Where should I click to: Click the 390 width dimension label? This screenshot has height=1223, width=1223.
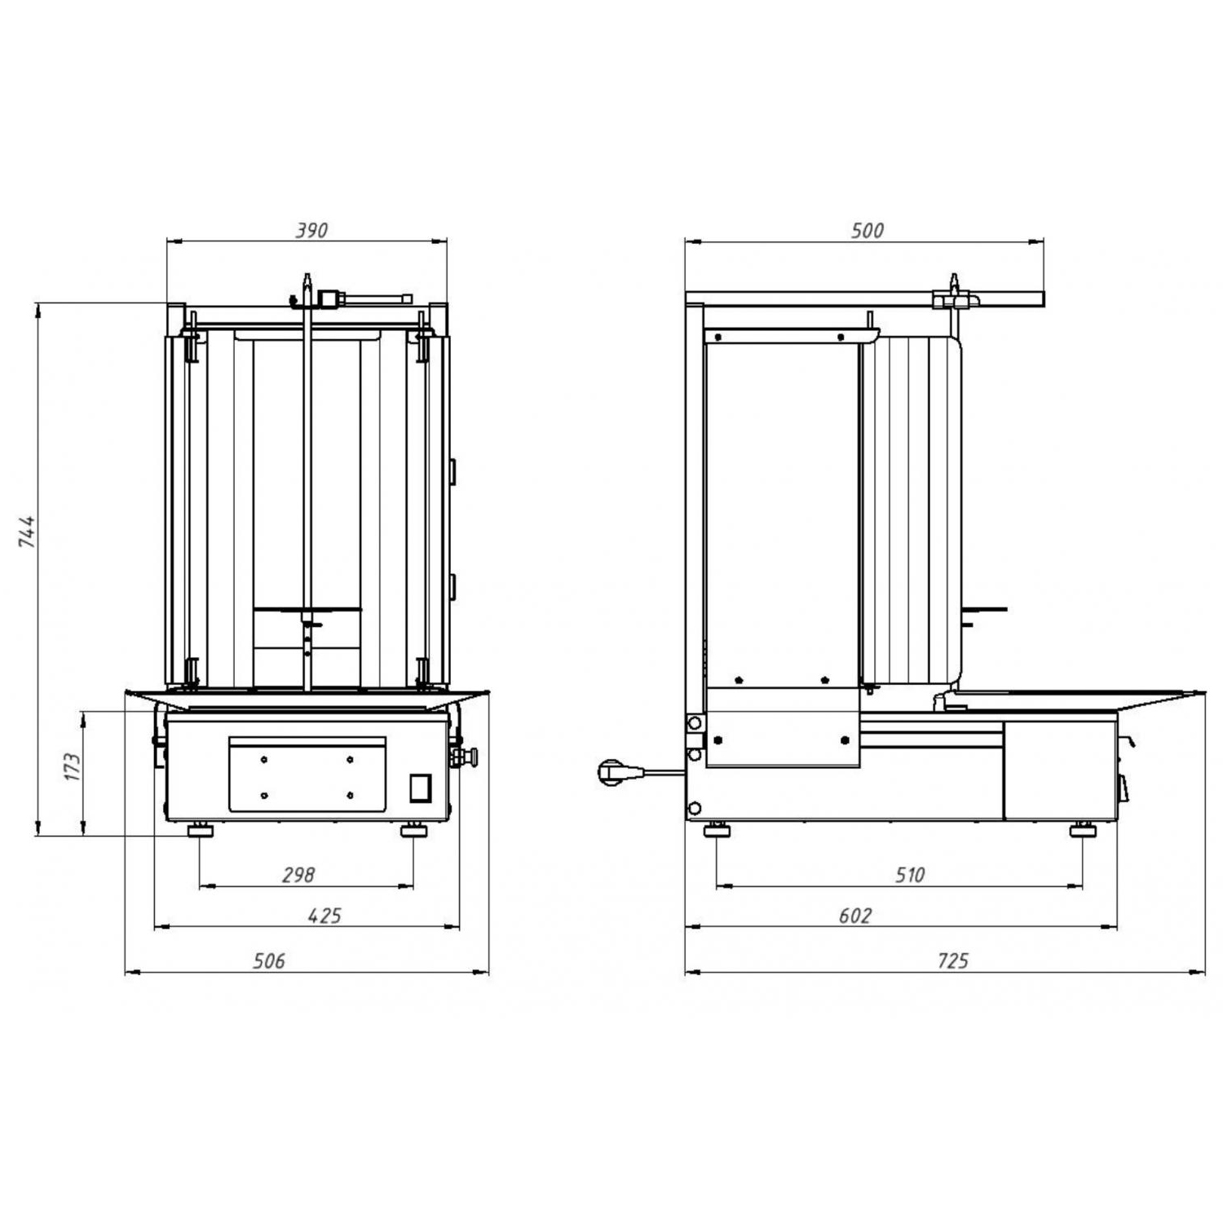tap(311, 231)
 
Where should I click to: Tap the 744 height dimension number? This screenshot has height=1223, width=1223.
tap(28, 531)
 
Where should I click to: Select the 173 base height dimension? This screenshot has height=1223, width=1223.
tap(73, 767)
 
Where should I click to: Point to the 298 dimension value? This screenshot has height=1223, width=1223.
tap(298, 875)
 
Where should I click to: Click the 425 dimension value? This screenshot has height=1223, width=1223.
tap(325, 916)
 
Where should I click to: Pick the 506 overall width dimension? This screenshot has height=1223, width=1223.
tap(269, 961)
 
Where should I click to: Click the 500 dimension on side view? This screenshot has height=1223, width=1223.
tap(867, 231)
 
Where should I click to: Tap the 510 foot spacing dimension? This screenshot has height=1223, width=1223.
tap(909, 875)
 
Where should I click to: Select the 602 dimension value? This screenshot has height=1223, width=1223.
tap(854, 916)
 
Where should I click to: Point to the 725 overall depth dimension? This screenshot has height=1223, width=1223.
tap(951, 961)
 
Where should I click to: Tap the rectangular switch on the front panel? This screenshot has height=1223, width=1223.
tap(419, 788)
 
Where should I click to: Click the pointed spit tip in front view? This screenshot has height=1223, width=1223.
tap(307, 275)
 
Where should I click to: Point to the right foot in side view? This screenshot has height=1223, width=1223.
tap(1083, 829)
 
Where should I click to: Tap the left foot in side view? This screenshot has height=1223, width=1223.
tap(717, 829)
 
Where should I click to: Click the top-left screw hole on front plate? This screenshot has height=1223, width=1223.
tap(264, 760)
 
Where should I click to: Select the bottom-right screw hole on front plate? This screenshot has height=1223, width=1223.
tap(350, 795)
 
